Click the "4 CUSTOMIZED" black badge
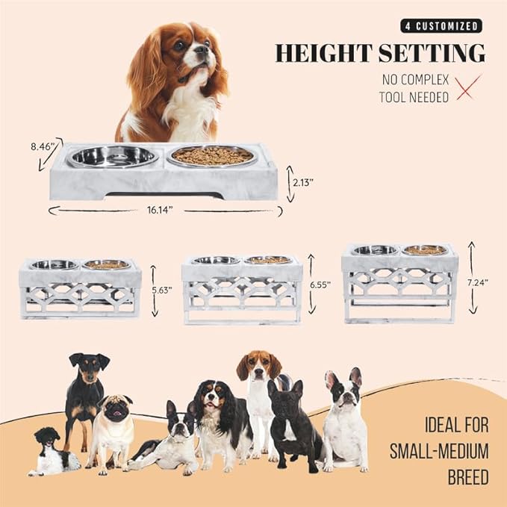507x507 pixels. click(x=441, y=26)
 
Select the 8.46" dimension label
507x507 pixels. click(x=43, y=147)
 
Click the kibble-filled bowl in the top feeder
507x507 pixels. click(x=212, y=156)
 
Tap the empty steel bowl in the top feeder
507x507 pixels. click(x=113, y=156)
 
